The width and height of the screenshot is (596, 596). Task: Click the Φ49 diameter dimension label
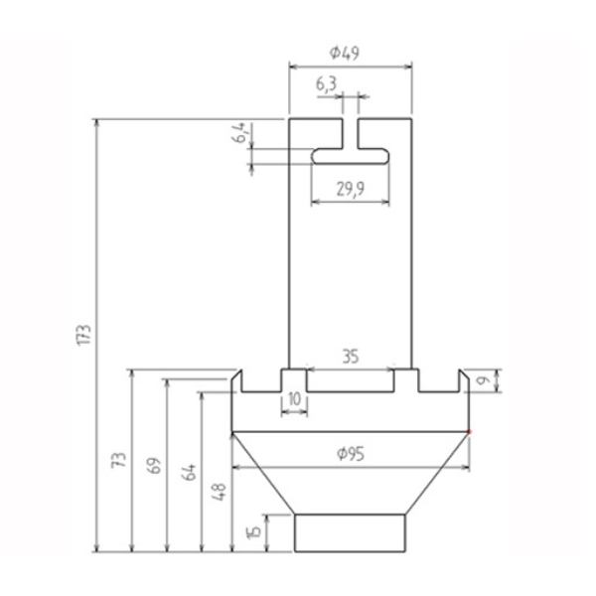tap(344, 53)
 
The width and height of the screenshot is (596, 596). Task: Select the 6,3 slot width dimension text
tap(326, 84)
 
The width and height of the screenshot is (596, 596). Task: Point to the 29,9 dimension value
tap(350, 189)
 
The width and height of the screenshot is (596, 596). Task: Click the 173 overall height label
tap(84, 335)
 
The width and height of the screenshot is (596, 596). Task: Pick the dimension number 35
tap(350, 357)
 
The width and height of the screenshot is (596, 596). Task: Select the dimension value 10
tap(295, 399)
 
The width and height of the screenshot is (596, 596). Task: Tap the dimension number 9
tap(484, 380)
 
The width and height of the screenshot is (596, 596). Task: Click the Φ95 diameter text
tap(351, 454)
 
